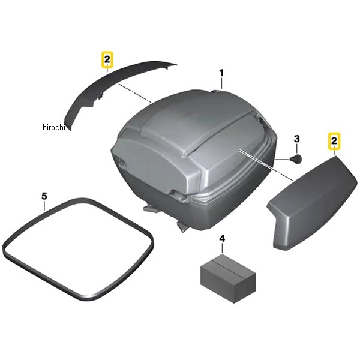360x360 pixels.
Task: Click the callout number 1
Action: pyautogui.click(x=221, y=74)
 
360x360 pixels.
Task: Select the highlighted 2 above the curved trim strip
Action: pyautogui.click(x=106, y=59)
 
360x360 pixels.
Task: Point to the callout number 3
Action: pyautogui.click(x=296, y=140)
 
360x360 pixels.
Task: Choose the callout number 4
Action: pyautogui.click(x=223, y=239)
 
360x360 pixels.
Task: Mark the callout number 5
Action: pyautogui.click(x=44, y=196)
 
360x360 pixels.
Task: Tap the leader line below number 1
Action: pyautogui.click(x=221, y=84)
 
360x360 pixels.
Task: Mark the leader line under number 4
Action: pyautogui.click(x=223, y=247)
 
